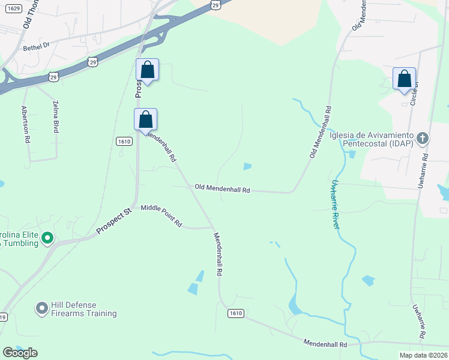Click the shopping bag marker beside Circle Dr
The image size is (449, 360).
click(404, 79)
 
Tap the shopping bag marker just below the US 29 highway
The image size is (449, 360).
click(147, 70)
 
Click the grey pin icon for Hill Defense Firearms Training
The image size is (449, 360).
click(41, 309)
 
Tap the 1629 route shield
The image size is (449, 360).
click(14, 9)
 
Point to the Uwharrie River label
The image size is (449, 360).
click(335, 204)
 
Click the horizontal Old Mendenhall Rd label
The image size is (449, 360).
click(222, 188)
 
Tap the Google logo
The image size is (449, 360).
click(20, 352)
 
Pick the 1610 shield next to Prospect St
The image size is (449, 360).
click(124, 140)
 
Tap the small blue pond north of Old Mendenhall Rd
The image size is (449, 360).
click(247, 166)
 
